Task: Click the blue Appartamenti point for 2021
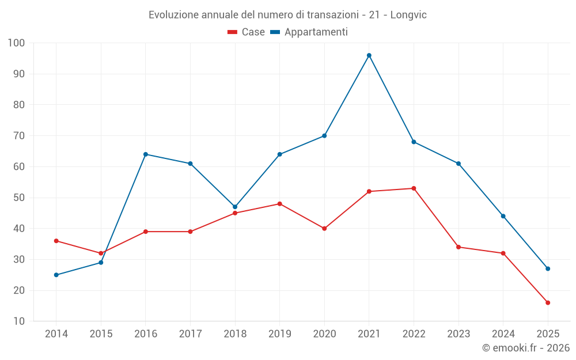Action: point(369,55)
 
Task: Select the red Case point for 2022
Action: point(414,188)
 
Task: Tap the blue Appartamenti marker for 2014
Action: point(56,275)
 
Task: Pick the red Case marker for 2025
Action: point(548,302)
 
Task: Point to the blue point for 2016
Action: point(146,154)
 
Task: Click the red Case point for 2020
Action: point(324,229)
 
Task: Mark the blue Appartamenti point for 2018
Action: point(235,207)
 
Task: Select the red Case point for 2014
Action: point(56,241)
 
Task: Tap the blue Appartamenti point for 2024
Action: point(503,216)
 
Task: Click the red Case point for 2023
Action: point(458,247)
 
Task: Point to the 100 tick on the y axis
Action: point(17,43)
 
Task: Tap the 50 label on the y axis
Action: point(19,198)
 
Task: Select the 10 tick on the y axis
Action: point(19,321)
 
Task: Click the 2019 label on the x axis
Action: point(279,334)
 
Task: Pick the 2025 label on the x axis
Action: point(548,334)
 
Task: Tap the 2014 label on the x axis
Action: point(56,334)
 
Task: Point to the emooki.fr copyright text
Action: point(525,348)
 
